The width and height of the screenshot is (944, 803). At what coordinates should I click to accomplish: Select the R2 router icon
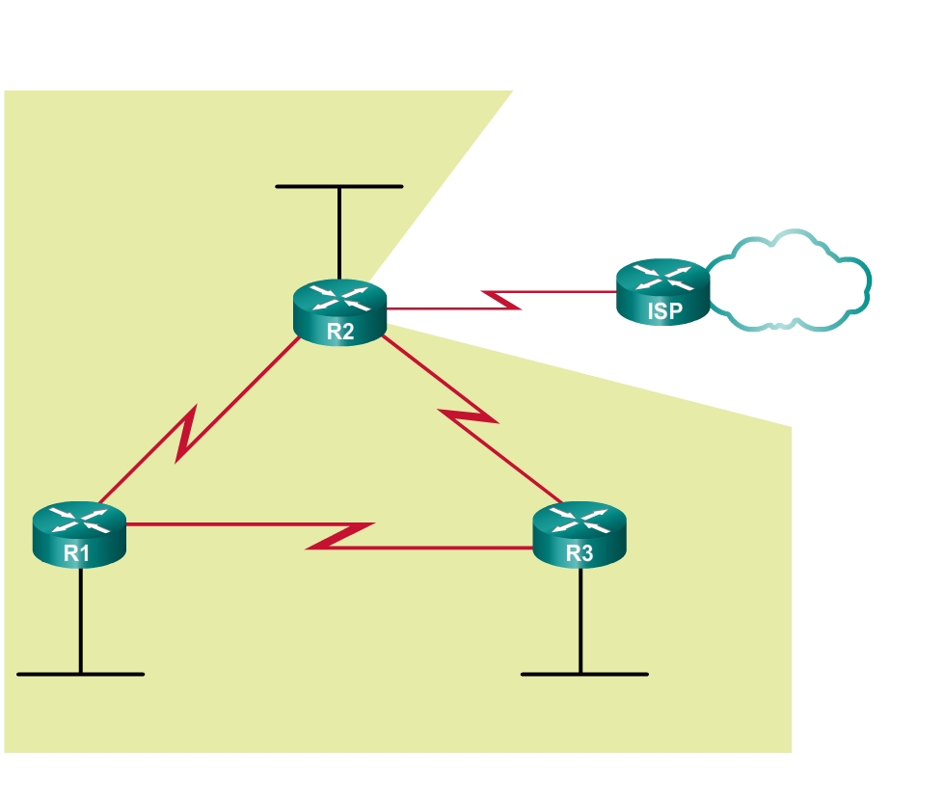click(339, 309)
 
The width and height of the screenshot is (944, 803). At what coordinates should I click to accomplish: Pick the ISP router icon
click(663, 290)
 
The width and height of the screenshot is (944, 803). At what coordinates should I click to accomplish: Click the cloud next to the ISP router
click(791, 281)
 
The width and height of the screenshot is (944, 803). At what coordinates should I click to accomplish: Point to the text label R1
click(77, 553)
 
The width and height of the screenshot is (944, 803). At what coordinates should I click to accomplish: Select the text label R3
click(580, 553)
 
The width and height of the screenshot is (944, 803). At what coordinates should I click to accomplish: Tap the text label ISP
click(664, 311)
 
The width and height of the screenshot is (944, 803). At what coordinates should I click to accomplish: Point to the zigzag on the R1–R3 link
click(340, 536)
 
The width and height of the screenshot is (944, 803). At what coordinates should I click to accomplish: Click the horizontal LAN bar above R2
click(338, 186)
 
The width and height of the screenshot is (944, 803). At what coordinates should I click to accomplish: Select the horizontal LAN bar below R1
click(80, 674)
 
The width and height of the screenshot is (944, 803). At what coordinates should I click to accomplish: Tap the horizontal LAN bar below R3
click(584, 674)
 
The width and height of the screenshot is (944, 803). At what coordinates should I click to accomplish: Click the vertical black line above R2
click(339, 231)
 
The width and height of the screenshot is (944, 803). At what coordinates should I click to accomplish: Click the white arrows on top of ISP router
click(663, 278)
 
